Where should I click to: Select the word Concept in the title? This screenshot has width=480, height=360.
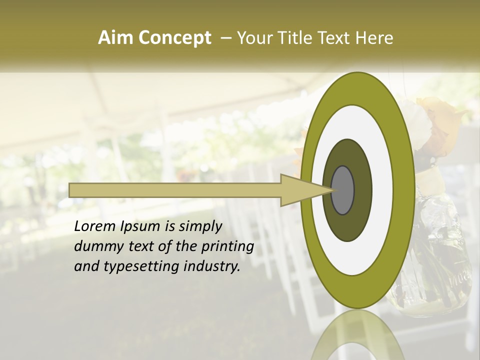pos(174,38)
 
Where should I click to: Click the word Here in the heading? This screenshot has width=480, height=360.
pos(375,38)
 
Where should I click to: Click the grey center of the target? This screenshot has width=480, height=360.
pos(342,190)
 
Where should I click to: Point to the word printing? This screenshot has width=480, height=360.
pos(227,247)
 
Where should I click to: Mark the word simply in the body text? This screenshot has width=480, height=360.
pos(198,227)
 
